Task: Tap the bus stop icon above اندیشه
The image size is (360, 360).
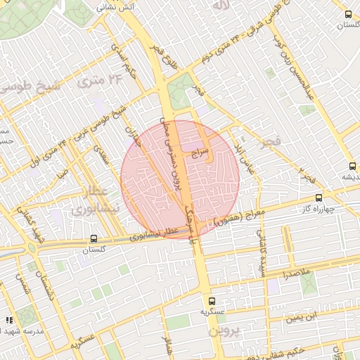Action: click(x=352, y=166)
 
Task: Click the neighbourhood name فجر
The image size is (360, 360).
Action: click(x=269, y=143)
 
